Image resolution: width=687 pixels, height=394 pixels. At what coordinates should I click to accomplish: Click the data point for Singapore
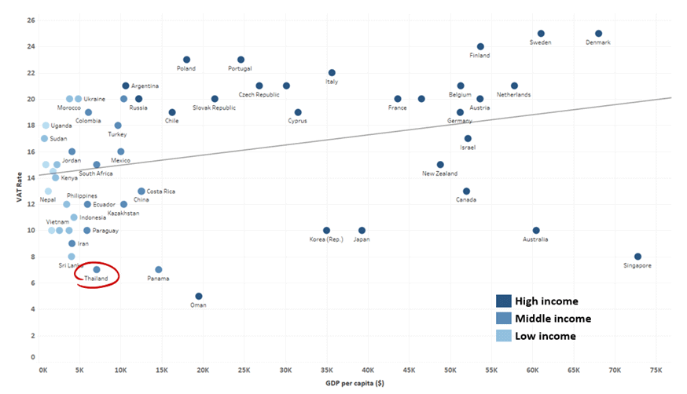point(637,257)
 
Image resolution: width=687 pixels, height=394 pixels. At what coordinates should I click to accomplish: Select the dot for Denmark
point(598,34)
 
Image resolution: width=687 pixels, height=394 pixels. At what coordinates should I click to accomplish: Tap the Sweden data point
point(541,34)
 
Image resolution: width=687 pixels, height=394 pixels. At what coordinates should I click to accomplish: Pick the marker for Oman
point(199,296)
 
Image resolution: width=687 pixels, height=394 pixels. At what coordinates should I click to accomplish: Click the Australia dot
point(536,231)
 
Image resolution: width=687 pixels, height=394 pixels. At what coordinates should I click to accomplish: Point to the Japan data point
point(362,231)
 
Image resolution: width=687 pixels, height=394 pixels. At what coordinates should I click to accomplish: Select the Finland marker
point(480,47)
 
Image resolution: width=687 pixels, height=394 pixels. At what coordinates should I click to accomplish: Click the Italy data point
point(332,73)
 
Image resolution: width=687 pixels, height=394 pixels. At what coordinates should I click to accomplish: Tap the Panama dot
point(159,269)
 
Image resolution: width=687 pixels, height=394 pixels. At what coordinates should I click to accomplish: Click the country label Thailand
point(96,279)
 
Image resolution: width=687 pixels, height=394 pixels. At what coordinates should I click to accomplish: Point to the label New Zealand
point(439,173)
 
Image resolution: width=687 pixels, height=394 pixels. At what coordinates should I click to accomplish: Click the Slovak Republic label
point(214,108)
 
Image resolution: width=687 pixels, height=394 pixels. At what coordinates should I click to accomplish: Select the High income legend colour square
point(504,301)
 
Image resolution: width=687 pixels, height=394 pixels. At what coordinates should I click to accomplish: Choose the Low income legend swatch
point(504,336)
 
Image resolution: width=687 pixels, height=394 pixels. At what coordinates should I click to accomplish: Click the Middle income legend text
point(553,319)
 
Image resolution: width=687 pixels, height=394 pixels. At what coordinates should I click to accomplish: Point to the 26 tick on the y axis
point(31,20)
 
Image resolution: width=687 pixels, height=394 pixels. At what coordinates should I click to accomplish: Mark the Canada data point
point(466,191)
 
